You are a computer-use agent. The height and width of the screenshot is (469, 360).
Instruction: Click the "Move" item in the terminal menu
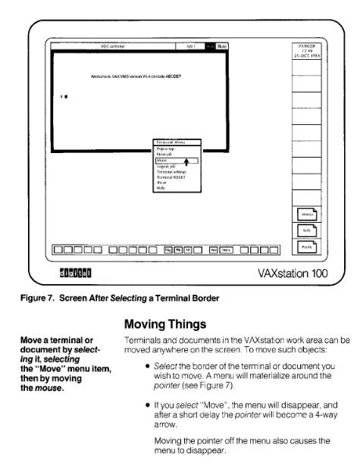coord(162,161)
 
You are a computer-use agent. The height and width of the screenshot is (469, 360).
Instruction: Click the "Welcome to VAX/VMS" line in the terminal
coord(121,77)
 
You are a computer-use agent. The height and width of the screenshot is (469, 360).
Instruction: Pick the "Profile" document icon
coord(308,245)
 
